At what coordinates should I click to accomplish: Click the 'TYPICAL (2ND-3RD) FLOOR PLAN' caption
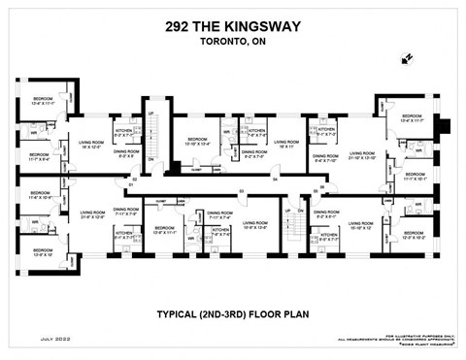coord(232,314)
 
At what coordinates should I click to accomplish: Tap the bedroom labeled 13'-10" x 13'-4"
coord(196,142)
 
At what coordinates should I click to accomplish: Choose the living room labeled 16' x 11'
coord(286,144)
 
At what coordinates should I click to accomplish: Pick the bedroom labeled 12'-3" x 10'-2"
coord(416,235)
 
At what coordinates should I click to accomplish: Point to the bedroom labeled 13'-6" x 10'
coord(42,253)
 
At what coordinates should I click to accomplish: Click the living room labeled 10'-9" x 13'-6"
coord(255,225)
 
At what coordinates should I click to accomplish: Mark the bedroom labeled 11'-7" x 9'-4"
coord(40,157)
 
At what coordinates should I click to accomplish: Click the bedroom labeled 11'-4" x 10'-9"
coord(40,195)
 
